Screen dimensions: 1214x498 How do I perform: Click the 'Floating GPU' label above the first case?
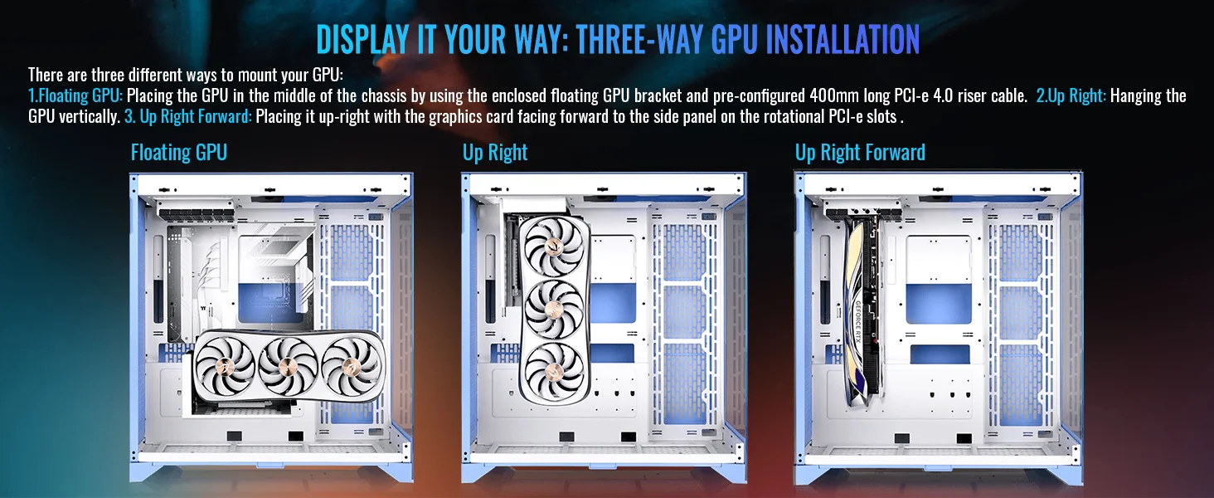coord(179,153)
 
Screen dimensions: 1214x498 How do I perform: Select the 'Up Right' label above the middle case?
coord(495,153)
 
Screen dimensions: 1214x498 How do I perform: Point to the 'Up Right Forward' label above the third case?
coord(860,153)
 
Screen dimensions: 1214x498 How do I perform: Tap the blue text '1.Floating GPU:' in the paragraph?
coord(75,96)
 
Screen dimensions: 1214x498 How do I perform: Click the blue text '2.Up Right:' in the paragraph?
coord(1071,96)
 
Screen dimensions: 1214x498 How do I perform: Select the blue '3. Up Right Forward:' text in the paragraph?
coord(188,117)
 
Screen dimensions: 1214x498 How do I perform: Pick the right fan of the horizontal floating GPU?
coord(352,366)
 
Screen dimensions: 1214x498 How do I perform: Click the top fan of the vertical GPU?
coord(554,247)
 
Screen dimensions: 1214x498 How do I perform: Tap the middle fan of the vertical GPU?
coord(554,309)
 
